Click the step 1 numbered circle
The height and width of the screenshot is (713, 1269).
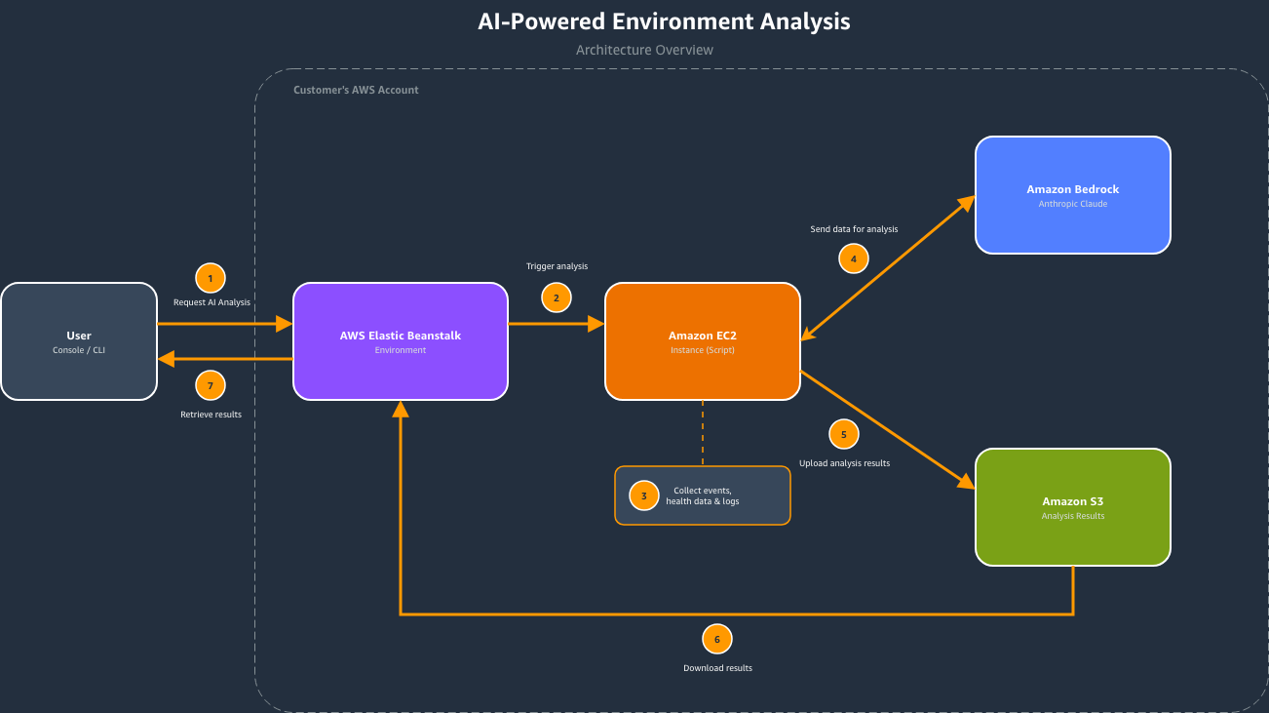click(x=210, y=278)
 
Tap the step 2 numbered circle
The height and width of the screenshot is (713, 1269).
click(x=557, y=297)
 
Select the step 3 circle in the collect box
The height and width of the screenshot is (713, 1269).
click(x=643, y=495)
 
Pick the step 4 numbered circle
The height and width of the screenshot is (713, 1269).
click(x=854, y=258)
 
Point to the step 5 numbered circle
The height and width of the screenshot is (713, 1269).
click(x=844, y=434)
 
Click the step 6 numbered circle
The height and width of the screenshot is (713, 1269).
click(x=717, y=639)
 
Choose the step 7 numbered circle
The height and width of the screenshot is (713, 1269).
click(x=210, y=385)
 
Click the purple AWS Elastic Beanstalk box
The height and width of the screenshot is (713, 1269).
click(x=401, y=341)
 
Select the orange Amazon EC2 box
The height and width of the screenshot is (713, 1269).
click(x=703, y=341)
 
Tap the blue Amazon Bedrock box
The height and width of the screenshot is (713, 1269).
click(x=1073, y=195)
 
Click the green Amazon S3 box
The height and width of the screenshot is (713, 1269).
click(x=1073, y=507)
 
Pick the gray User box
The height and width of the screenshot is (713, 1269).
click(x=79, y=341)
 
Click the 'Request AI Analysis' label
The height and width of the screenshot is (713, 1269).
click(x=211, y=302)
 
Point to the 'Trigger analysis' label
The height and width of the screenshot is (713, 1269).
click(x=557, y=266)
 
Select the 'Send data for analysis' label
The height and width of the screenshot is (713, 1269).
click(x=854, y=229)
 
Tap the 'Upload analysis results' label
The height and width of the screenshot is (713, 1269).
click(x=844, y=463)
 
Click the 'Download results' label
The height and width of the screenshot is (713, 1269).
click(x=717, y=668)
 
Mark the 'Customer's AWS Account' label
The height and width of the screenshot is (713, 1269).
click(x=356, y=90)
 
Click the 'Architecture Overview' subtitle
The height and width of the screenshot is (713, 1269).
click(x=644, y=50)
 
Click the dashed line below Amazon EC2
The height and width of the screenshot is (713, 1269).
click(x=703, y=433)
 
